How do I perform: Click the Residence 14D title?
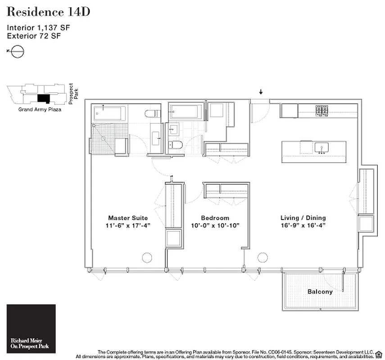point(48,12)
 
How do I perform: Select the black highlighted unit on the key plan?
point(43,98)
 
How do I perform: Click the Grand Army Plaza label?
point(40,109)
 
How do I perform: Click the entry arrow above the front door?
point(261,92)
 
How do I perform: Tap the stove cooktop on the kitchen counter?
point(322,110)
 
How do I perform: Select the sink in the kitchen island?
point(322,148)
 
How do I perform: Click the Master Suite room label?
point(128,218)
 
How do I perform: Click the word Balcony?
point(320,292)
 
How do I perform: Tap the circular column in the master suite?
point(147,257)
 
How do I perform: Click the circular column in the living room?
point(262,257)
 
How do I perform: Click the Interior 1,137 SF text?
point(38,27)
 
